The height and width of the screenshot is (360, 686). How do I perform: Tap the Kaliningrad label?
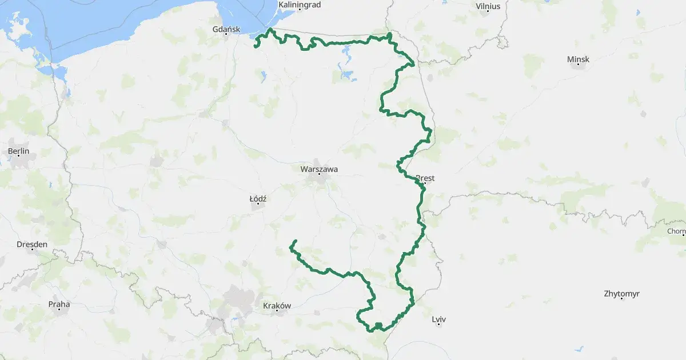tap(299, 5)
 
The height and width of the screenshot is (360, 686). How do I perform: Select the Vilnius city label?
tap(488, 6)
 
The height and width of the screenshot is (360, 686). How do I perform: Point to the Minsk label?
tap(578, 59)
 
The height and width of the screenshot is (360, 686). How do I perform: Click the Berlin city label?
tap(19, 151)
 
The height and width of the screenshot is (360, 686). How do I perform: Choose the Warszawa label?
tap(319, 169)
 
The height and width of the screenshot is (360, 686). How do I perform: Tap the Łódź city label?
tap(258, 198)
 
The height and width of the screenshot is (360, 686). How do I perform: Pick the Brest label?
tap(425, 178)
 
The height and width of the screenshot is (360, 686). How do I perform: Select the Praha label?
tap(59, 304)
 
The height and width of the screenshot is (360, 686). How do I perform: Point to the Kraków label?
tap(277, 306)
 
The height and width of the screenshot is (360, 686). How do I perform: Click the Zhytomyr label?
tap(621, 294)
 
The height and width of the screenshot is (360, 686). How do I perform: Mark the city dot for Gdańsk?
tap(227, 35)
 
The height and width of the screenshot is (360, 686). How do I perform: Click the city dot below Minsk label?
tap(579, 65)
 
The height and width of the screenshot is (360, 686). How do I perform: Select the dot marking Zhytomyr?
tap(621, 300)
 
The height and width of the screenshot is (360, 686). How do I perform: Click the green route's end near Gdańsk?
tap(254, 46)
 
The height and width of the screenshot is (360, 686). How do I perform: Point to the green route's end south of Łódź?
tap(295, 241)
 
